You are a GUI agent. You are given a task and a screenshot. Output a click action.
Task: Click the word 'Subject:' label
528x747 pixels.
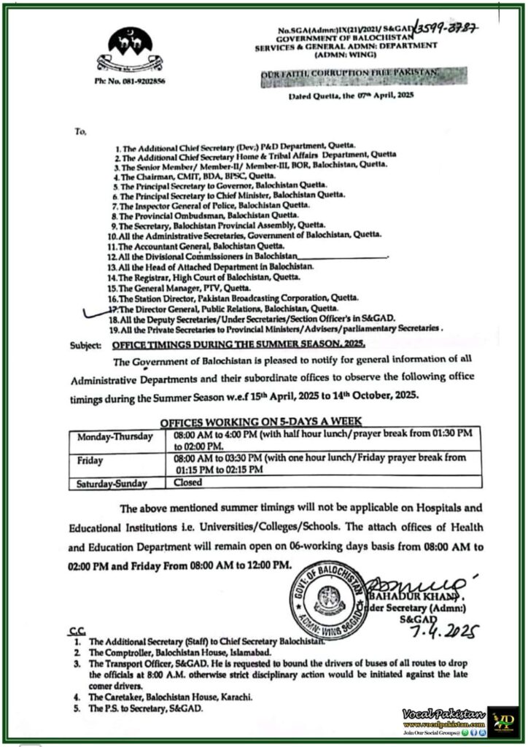click(85, 344)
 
